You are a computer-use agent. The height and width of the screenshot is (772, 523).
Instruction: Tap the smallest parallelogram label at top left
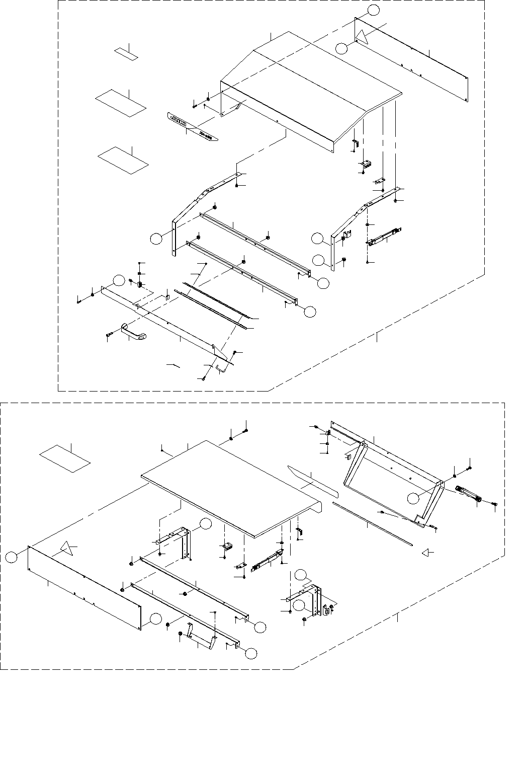pyautogui.click(x=126, y=53)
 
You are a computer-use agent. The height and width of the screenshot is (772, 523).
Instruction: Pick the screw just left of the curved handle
pyautogui.click(x=109, y=335)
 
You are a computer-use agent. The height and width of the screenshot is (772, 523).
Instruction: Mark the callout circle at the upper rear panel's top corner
pyautogui.click(x=373, y=10)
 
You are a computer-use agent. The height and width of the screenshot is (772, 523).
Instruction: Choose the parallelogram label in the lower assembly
pyautogui.click(x=65, y=458)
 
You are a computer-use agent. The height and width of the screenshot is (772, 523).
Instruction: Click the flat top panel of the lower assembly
pyautogui.click(x=231, y=483)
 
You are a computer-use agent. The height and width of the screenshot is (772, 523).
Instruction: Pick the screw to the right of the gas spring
pyautogui.click(x=495, y=504)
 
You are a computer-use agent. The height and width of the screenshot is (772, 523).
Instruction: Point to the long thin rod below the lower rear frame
pyautogui.click(x=372, y=523)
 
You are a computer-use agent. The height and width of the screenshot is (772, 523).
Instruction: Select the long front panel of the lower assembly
pyautogui.click(x=83, y=586)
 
